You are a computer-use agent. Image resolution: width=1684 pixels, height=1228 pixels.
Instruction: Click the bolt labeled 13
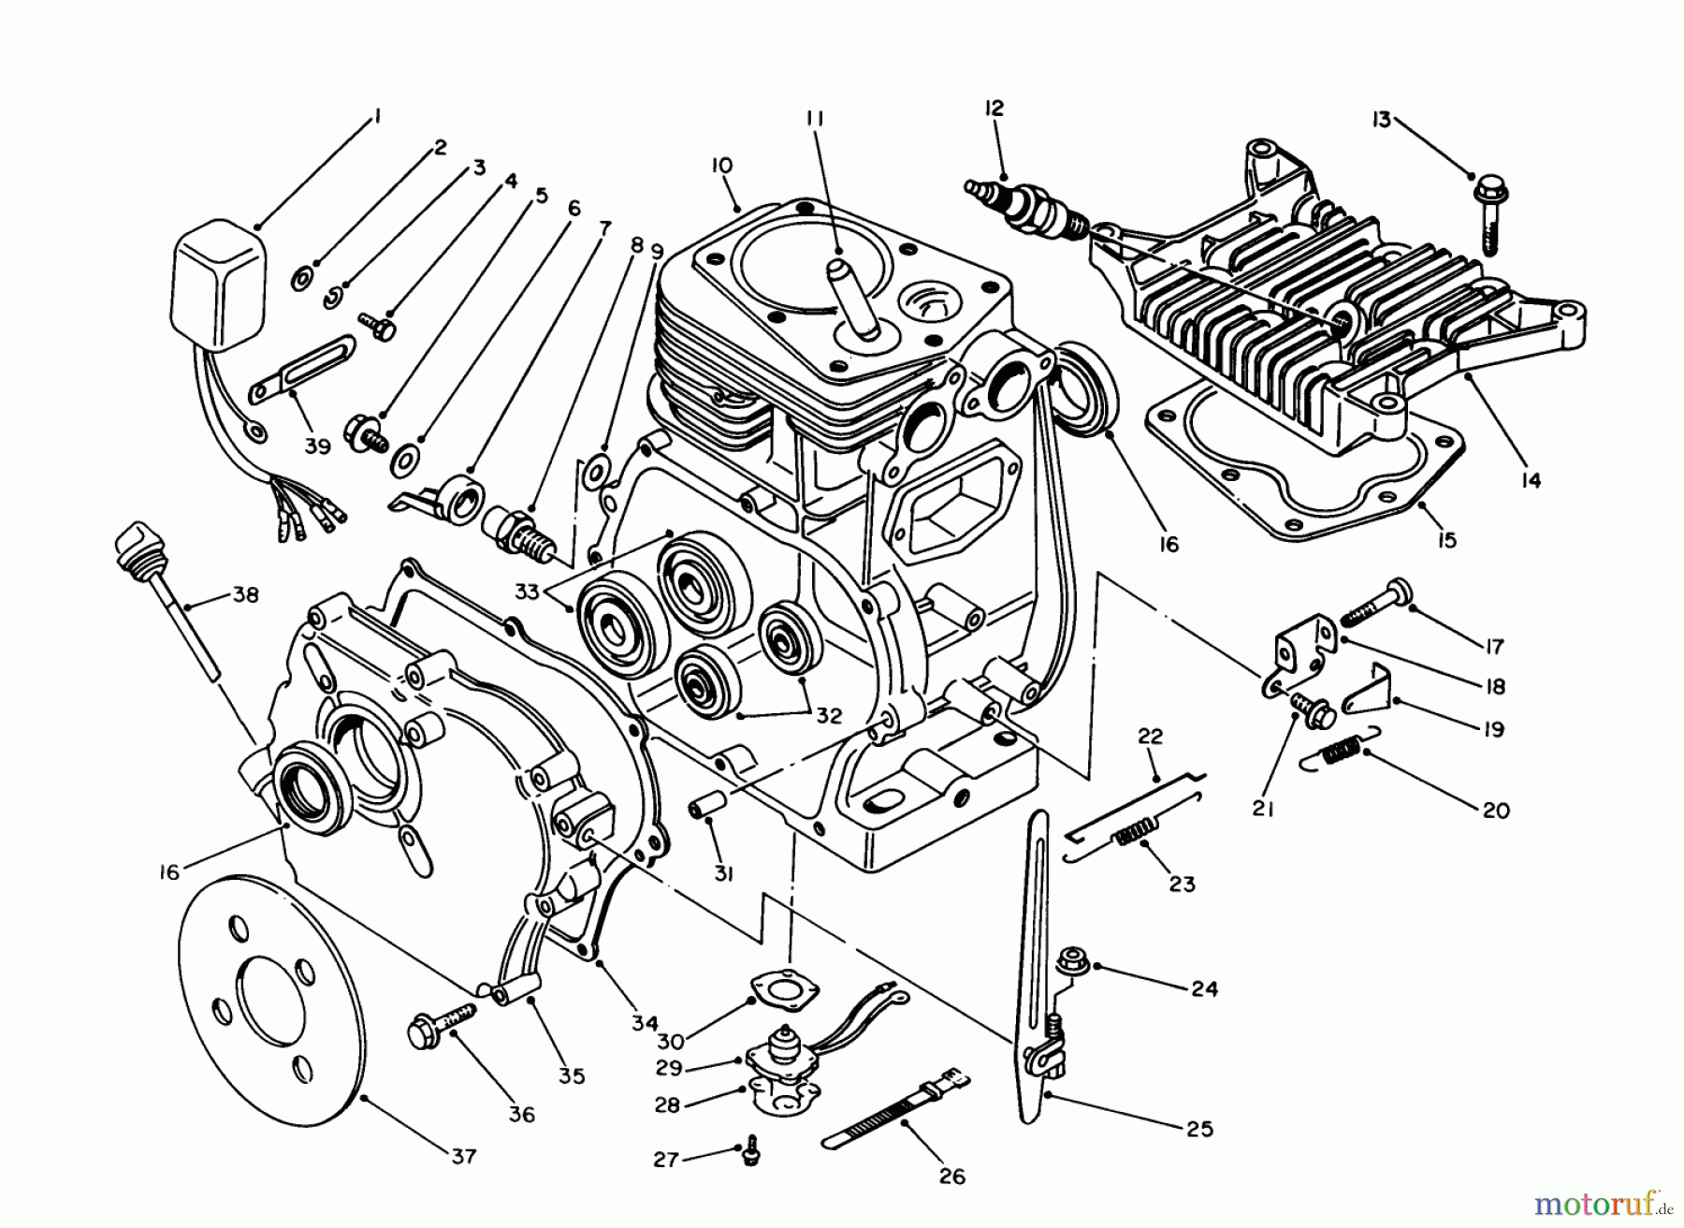point(1487,210)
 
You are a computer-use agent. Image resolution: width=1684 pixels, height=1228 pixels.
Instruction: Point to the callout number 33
point(527,592)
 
